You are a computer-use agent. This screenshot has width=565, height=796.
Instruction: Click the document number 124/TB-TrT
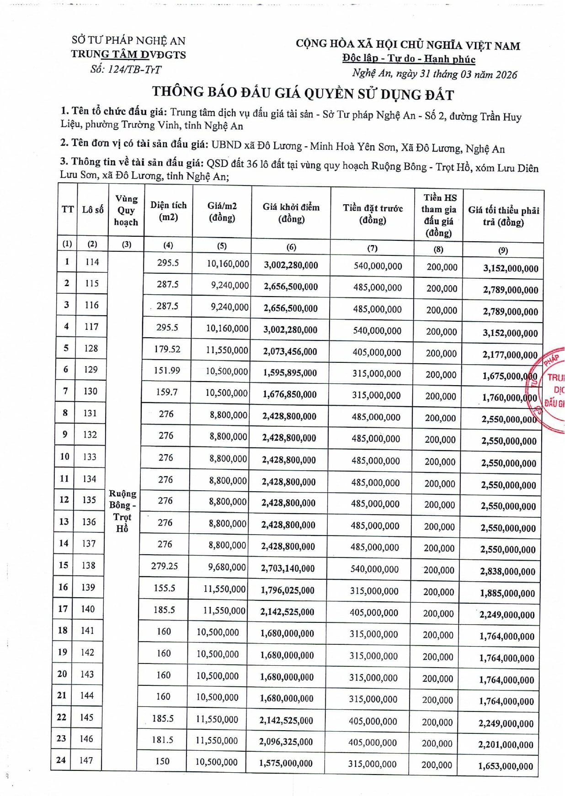(126, 69)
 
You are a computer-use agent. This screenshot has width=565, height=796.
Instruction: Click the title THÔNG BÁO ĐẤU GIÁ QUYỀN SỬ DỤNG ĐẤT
(303, 93)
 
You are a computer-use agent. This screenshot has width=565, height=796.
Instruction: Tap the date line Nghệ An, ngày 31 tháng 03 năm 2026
(434, 74)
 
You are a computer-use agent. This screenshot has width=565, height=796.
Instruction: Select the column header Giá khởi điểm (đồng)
(291, 213)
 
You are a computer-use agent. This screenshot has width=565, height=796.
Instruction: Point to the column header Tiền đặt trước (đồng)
(373, 214)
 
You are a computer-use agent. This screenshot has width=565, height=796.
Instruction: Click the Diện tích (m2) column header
(168, 211)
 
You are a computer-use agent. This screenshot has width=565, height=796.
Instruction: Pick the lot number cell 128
(91, 348)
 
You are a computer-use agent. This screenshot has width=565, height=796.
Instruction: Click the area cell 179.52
(167, 349)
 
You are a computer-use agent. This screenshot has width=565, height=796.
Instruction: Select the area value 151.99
(167, 370)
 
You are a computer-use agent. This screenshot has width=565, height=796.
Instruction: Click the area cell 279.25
(165, 566)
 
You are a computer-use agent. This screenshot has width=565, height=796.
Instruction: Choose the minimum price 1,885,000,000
(507, 594)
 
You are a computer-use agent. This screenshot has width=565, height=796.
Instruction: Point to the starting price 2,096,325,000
(286, 742)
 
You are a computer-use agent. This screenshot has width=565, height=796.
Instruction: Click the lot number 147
(86, 760)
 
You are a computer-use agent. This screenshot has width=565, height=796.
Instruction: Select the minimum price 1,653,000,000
(506, 766)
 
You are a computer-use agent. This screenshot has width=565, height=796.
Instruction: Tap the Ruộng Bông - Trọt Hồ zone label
(122, 511)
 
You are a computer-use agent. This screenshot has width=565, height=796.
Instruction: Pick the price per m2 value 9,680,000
(227, 567)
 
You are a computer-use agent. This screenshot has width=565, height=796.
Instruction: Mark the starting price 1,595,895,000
(290, 373)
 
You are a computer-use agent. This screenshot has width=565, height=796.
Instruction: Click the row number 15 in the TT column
(63, 565)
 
